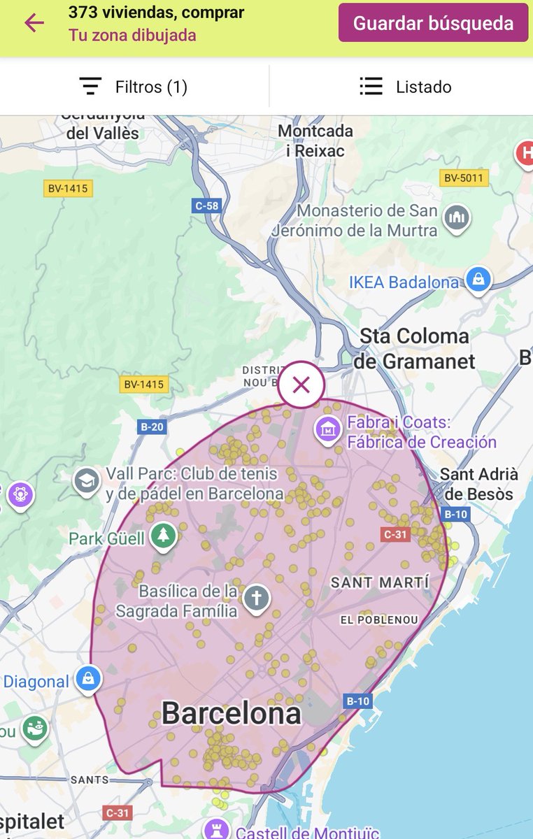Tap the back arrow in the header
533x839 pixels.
[34, 23]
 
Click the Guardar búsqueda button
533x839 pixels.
[433, 23]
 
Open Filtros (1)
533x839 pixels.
[134, 87]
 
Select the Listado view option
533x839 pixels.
[406, 87]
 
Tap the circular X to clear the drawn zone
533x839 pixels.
[301, 385]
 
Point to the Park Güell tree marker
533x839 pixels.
[163, 536]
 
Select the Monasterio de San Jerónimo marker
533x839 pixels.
[457, 217]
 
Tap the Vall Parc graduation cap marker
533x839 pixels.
[87, 481]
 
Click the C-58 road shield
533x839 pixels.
[206, 206]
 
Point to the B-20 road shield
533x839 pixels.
[152, 427]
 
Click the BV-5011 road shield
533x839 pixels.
[463, 178]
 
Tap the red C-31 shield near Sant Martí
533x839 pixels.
[395, 534]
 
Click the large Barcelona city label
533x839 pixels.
[232, 714]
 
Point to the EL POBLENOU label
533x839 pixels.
[379, 619]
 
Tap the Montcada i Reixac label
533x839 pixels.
[315, 140]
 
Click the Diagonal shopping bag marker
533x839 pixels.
[89, 679]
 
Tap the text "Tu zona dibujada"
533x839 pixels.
[132, 35]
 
